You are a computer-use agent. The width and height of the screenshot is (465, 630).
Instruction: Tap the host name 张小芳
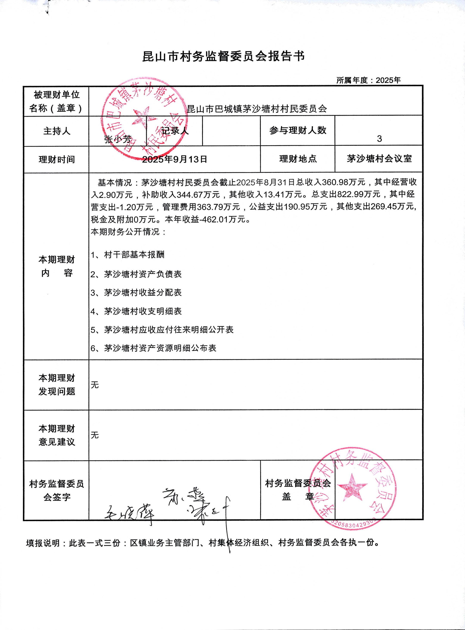pyautogui.click(x=118, y=139)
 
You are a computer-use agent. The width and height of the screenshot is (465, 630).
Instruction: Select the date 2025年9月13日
pyautogui.click(x=175, y=159)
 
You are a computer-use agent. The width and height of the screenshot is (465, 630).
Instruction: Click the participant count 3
pyautogui.click(x=379, y=139)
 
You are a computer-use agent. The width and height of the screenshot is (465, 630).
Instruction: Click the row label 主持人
pyautogui.click(x=57, y=131)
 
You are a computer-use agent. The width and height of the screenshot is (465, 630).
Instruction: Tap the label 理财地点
pyautogui.click(x=298, y=159)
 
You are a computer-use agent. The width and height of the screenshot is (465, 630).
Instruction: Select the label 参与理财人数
pyautogui.click(x=298, y=130)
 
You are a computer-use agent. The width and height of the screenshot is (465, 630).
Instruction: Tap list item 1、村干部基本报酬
pyautogui.click(x=127, y=255)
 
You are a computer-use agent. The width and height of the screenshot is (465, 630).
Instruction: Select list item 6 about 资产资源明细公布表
pyautogui.click(x=153, y=348)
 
